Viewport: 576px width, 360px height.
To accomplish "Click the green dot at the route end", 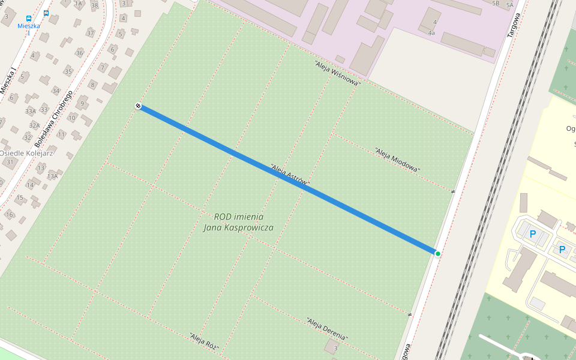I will pyautogui.click(x=438, y=254).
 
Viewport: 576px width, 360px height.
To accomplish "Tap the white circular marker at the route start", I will pyautogui.click(x=138, y=106).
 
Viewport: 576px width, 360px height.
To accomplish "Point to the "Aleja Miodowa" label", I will pyautogui.click(x=397, y=160).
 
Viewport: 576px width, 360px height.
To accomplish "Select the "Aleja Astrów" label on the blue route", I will pyautogui.click(x=290, y=174).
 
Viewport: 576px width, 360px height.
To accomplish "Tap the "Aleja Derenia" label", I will pyautogui.click(x=326, y=329).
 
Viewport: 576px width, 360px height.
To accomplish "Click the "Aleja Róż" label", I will pyautogui.click(x=204, y=341).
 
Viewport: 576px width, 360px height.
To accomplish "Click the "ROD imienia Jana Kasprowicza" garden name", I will pyautogui.click(x=238, y=222).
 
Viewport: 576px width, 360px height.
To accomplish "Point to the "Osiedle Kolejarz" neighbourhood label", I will pyautogui.click(x=27, y=153).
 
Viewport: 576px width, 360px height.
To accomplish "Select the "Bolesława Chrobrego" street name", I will pyautogui.click(x=53, y=119).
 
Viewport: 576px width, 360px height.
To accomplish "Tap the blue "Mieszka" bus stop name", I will pyautogui.click(x=28, y=26).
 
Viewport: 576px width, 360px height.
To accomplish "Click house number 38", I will pyautogui.click(x=94, y=5).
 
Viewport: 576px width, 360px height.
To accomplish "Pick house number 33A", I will pyautogui.click(x=31, y=111).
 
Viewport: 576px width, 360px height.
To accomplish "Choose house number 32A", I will pyautogui.click(x=35, y=126).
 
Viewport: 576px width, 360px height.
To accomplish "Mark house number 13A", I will pyautogui.click(x=53, y=176).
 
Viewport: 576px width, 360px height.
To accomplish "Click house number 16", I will pyautogui.click(x=9, y=214).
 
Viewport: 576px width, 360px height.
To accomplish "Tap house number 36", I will pyautogui.click(x=79, y=53).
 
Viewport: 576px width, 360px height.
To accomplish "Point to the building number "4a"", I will pyautogui.click(x=431, y=33).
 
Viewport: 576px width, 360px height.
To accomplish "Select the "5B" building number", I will pyautogui.click(x=496, y=4).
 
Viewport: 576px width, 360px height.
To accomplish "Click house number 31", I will pyautogui.click(x=10, y=162).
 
